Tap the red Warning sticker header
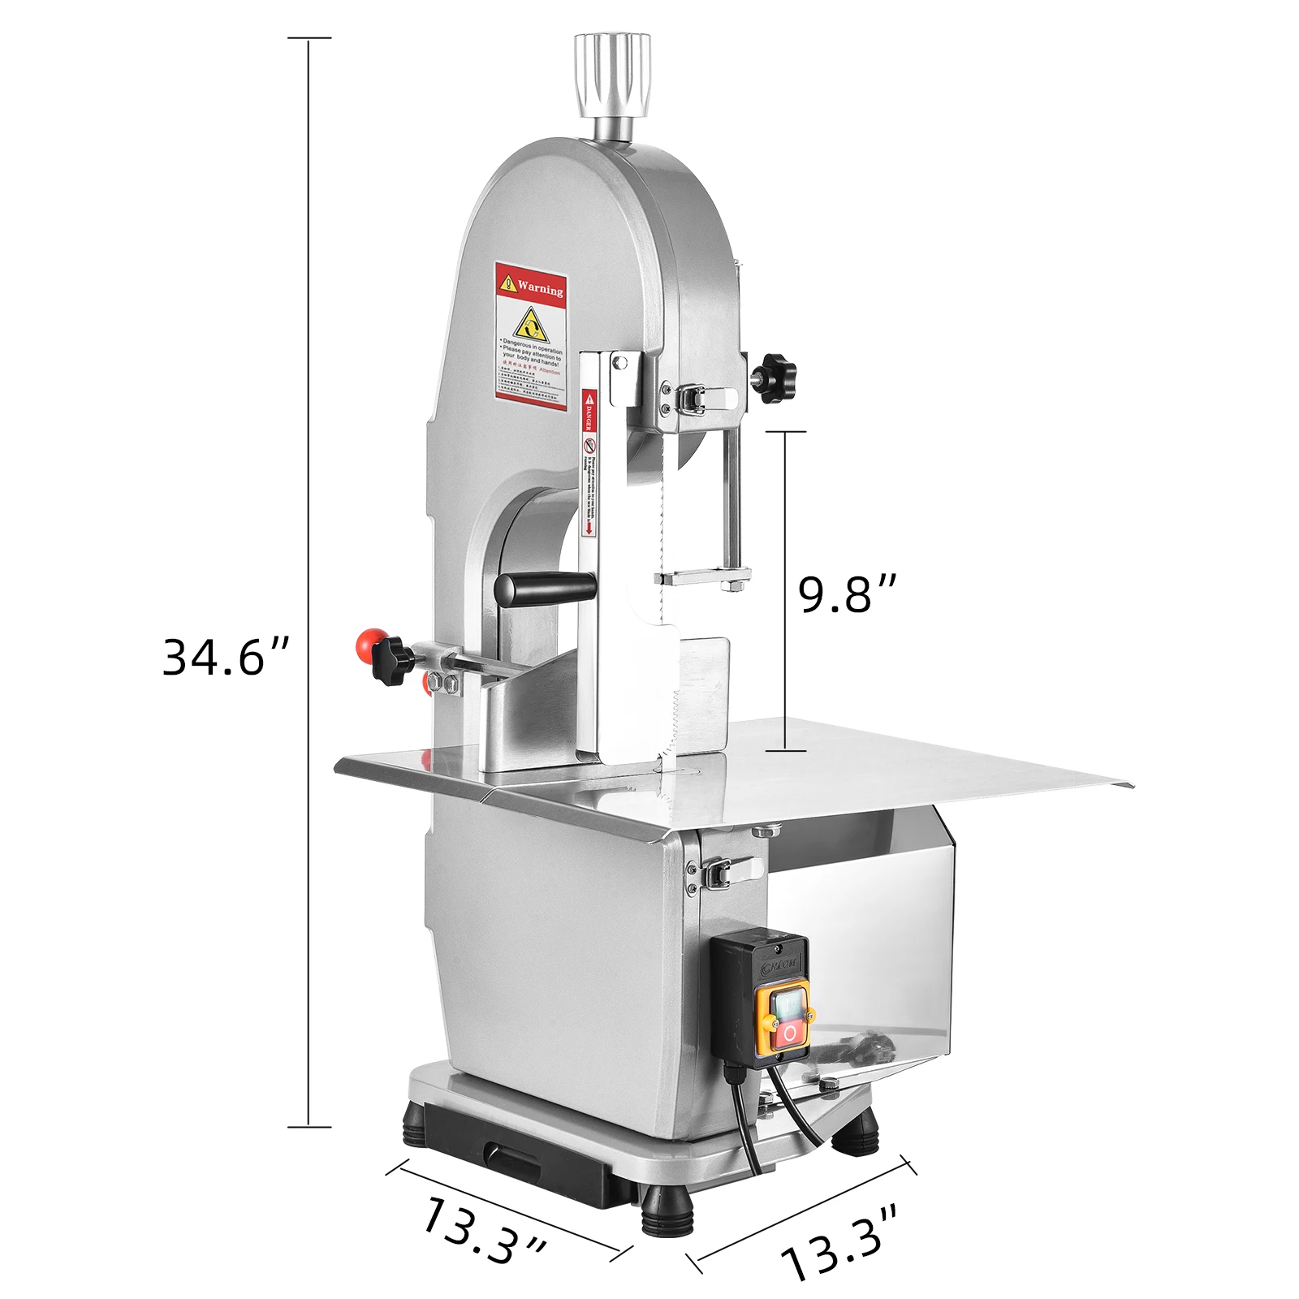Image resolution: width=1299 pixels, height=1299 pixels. pos(531,284)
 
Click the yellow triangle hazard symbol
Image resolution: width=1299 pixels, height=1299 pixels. pos(531,326)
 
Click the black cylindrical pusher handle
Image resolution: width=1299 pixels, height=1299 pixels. pos(546,587)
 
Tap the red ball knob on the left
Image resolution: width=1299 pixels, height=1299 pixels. pos(367,643)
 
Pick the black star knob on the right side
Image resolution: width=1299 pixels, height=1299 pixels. pos(772,376)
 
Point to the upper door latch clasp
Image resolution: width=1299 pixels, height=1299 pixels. pos(698,399)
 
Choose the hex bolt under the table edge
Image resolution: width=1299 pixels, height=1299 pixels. pos(763,831)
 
